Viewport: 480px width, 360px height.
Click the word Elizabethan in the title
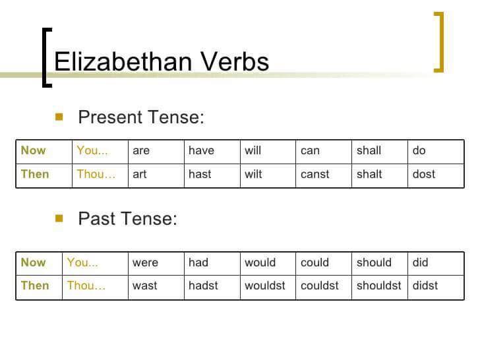click(123, 61)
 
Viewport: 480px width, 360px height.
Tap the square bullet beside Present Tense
click(59, 117)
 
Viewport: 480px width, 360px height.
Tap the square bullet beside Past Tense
click(59, 218)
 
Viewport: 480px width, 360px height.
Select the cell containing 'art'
click(156, 175)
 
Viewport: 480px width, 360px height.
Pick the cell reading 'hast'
click(212, 175)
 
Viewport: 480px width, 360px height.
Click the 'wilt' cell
click(268, 175)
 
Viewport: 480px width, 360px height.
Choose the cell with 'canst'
click(324, 175)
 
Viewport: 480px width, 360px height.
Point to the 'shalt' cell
click(380, 175)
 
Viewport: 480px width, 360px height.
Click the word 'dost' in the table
click(424, 174)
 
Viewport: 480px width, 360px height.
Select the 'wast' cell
click(156, 287)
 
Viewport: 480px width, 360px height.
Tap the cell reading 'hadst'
click(212, 287)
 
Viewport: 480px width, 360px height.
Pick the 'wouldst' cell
click(268, 287)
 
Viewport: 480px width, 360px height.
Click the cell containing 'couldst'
click(324, 287)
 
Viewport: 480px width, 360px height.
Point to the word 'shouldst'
click(378, 285)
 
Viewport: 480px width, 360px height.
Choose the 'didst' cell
click(436, 287)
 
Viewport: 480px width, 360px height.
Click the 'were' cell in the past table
click(156, 264)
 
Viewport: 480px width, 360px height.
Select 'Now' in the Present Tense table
click(33, 150)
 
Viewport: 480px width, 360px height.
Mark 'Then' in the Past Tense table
click(35, 285)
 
